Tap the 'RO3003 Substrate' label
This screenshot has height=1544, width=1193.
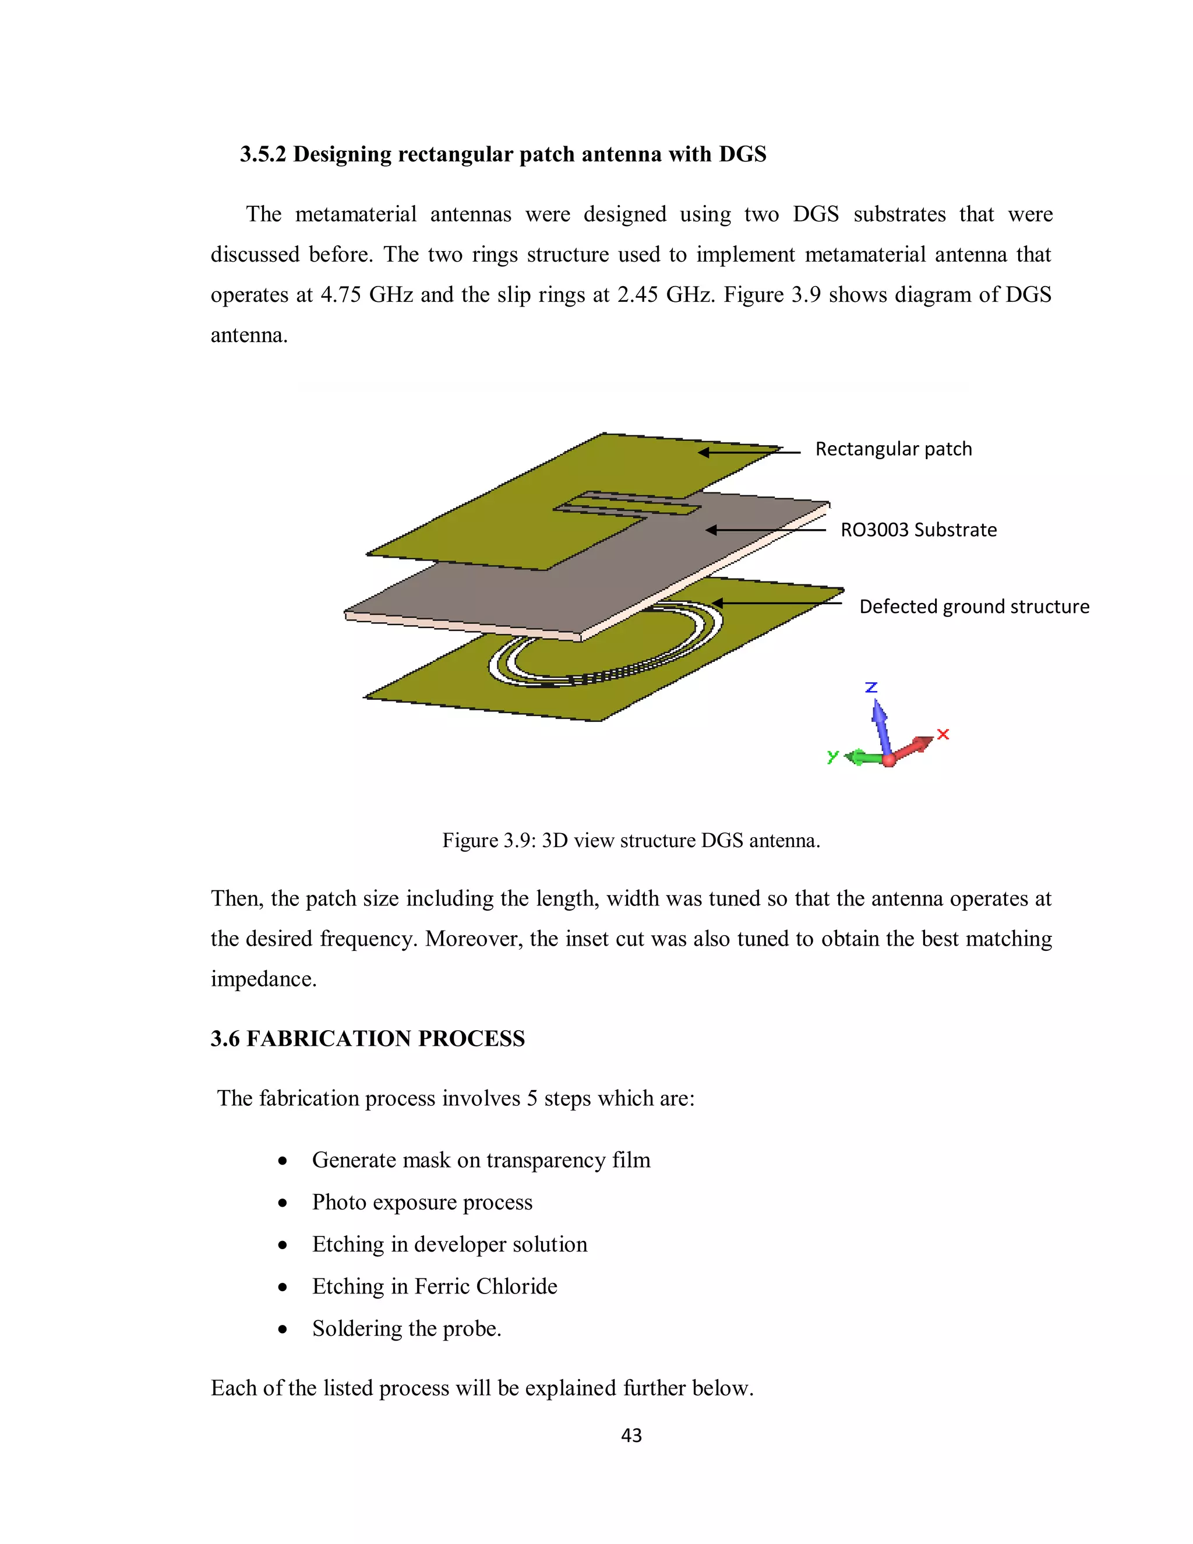918,530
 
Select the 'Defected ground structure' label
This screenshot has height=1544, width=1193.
974,607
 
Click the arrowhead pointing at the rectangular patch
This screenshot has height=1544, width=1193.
704,453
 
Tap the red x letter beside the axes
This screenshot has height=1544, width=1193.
943,735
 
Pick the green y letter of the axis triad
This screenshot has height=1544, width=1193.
832,756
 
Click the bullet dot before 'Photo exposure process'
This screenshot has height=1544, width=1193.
283,1203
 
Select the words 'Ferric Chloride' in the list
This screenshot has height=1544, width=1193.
486,1286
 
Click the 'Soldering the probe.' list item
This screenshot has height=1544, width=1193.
407,1328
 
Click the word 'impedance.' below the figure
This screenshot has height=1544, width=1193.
264,979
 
